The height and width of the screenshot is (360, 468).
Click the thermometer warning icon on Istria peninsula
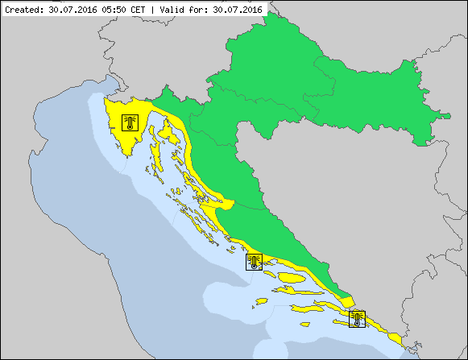pyautogui.click(x=130, y=122)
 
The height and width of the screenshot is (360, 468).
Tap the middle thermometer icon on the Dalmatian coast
pyautogui.click(x=255, y=262)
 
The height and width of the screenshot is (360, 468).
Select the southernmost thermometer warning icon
pyautogui.click(x=357, y=319)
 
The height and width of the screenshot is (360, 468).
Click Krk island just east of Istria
pyautogui.click(x=166, y=129)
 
